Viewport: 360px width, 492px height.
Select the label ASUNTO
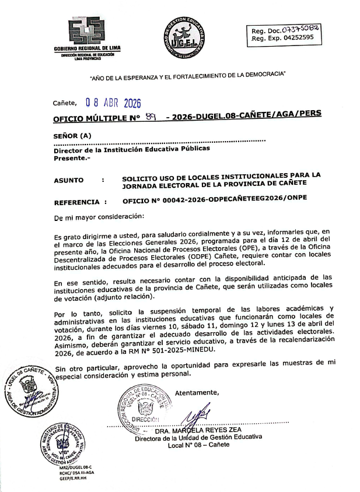tap(68, 180)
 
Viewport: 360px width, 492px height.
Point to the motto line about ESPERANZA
tap(187, 75)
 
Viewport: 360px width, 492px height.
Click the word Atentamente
tap(197, 391)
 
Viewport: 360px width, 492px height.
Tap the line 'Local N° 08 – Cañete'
tap(198, 445)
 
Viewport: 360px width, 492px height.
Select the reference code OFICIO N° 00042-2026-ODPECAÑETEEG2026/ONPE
tap(214, 198)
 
